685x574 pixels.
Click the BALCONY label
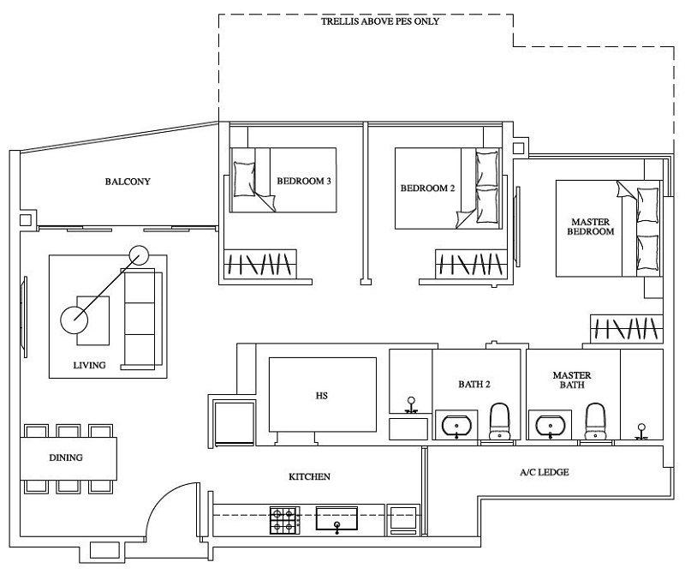pos(128,182)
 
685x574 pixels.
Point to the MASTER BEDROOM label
pos(593,227)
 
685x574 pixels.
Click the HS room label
pos(322,397)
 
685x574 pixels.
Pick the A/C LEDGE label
pos(545,472)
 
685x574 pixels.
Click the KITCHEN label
pos(308,476)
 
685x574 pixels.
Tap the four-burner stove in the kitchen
pos(285,519)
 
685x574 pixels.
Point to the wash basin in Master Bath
pos(551,424)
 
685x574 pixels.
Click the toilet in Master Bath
pos(596,422)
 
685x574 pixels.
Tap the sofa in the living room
pos(142,315)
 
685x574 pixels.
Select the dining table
pos(68,457)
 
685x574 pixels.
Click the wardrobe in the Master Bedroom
pos(627,328)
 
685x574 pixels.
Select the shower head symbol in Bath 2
pos(411,403)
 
